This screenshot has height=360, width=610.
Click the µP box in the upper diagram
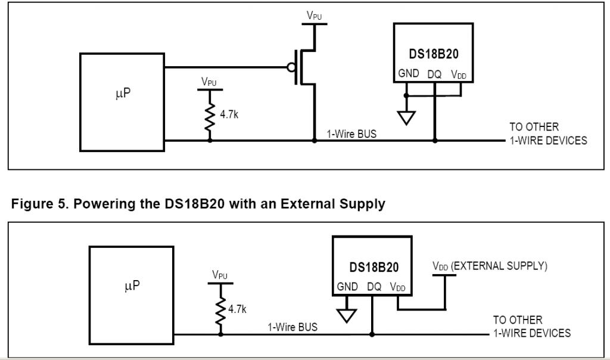[x=122, y=101]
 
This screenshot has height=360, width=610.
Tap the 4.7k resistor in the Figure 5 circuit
[x=220, y=307]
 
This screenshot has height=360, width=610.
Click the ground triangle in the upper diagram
[x=406, y=117]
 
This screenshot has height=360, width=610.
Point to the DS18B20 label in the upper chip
[x=433, y=54]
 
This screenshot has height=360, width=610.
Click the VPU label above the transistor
[x=314, y=16]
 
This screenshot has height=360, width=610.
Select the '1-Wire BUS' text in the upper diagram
[x=351, y=134]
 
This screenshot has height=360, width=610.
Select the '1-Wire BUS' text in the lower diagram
[x=292, y=327]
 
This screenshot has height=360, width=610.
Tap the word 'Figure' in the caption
[x=30, y=204]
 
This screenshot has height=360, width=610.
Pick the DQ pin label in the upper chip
[x=434, y=75]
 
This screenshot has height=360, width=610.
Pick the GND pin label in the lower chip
[x=347, y=287]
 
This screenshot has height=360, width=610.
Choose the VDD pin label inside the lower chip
[x=397, y=287]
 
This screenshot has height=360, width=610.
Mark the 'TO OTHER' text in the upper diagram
[x=534, y=127]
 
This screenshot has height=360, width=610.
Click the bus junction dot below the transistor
[x=315, y=141]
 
